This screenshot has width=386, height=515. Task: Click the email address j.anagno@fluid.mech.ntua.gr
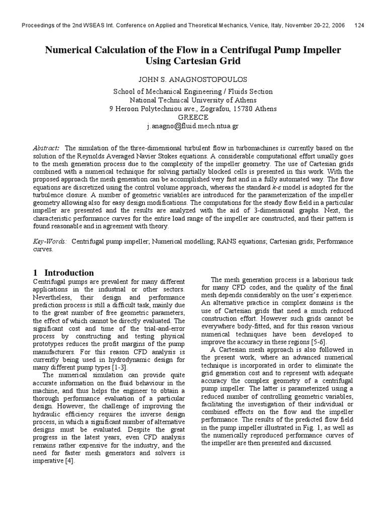pos(193,126)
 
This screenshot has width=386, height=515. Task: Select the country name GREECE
pos(193,117)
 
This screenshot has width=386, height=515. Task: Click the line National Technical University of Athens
pos(193,100)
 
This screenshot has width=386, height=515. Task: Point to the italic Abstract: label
pos(46,148)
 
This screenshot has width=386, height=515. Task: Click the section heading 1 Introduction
pos(63,272)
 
